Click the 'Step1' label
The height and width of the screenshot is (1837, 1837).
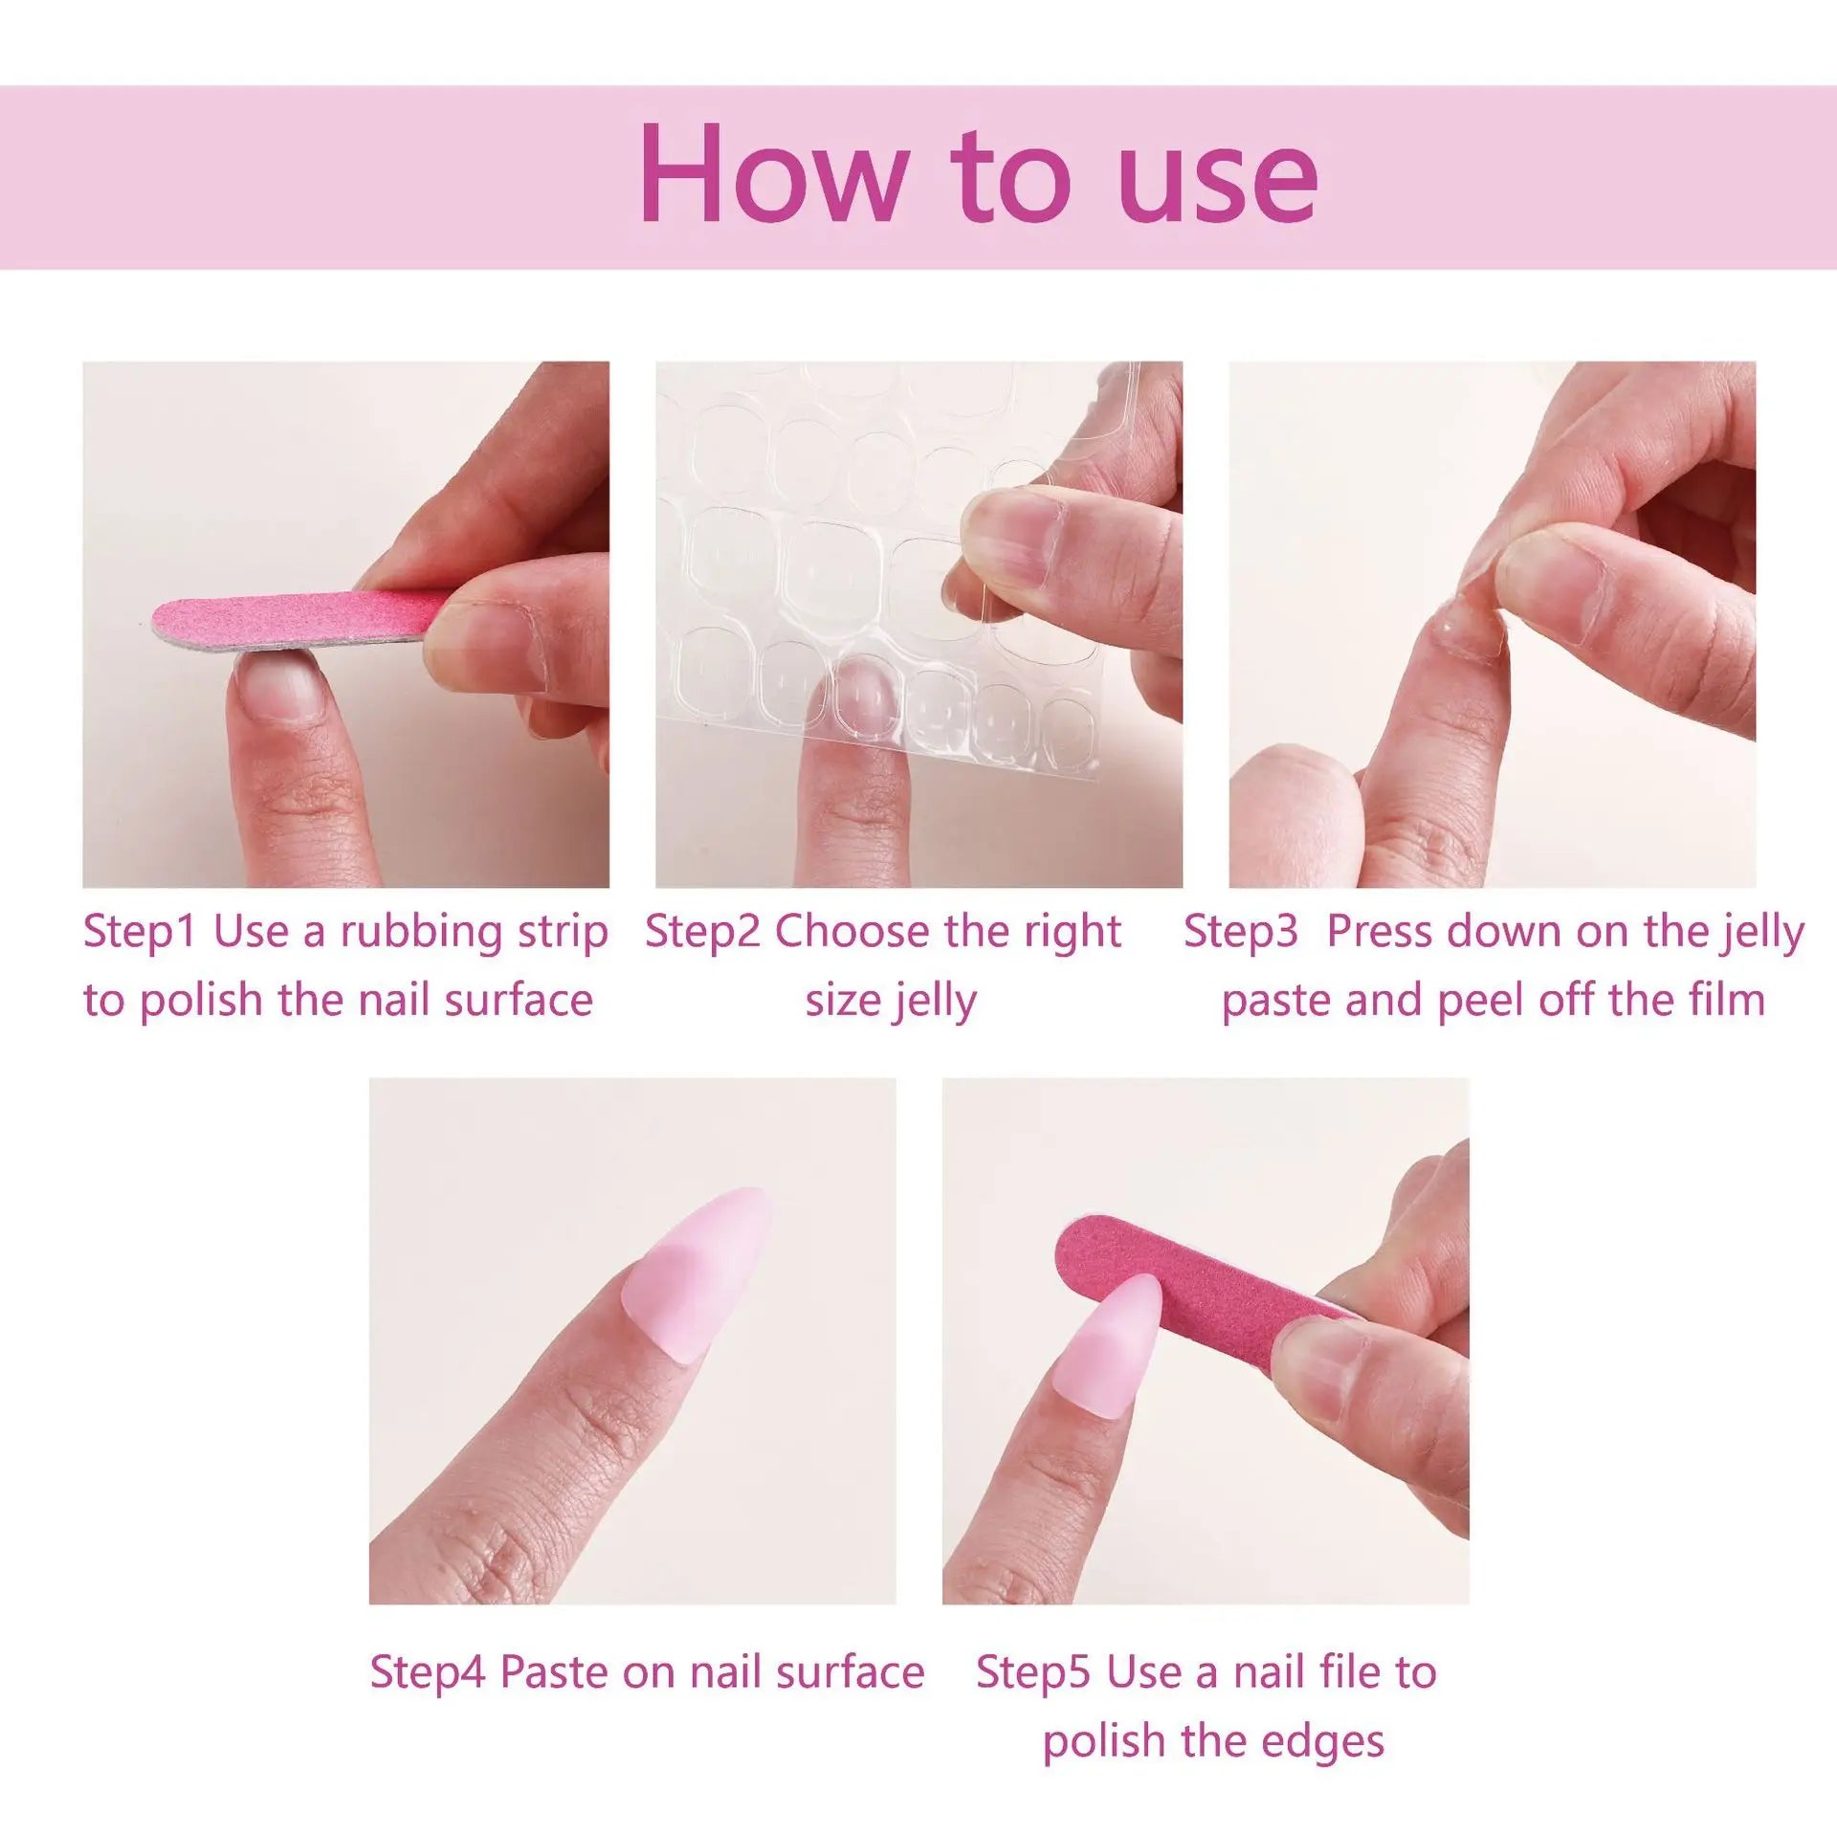pyautogui.click(x=140, y=931)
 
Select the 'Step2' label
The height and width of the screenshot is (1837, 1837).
pyautogui.click(x=702, y=931)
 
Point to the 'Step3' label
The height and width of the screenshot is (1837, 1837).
pyautogui.click(x=1240, y=931)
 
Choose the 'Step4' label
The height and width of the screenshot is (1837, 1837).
pyautogui.click(x=428, y=1672)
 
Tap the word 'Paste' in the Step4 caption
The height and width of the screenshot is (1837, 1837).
pyautogui.click(x=555, y=1672)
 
